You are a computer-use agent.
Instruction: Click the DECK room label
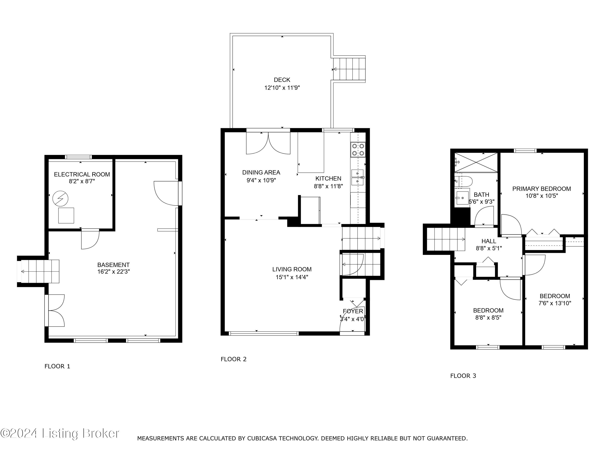(x=282, y=80)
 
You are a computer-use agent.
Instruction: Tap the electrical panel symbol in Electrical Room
(x=60, y=198)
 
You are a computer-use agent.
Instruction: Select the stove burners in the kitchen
(x=358, y=150)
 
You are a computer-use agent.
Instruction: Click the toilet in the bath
(x=465, y=181)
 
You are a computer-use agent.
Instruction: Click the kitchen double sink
(x=357, y=177)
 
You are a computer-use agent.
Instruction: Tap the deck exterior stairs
(x=349, y=69)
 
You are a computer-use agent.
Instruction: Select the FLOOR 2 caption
(x=233, y=359)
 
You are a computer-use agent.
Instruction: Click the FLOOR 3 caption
(x=463, y=376)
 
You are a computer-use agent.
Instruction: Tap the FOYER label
(x=353, y=311)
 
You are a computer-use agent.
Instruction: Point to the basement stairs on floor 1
(x=40, y=271)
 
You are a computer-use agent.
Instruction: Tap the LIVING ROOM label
(x=292, y=269)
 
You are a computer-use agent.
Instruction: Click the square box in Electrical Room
(x=66, y=215)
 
